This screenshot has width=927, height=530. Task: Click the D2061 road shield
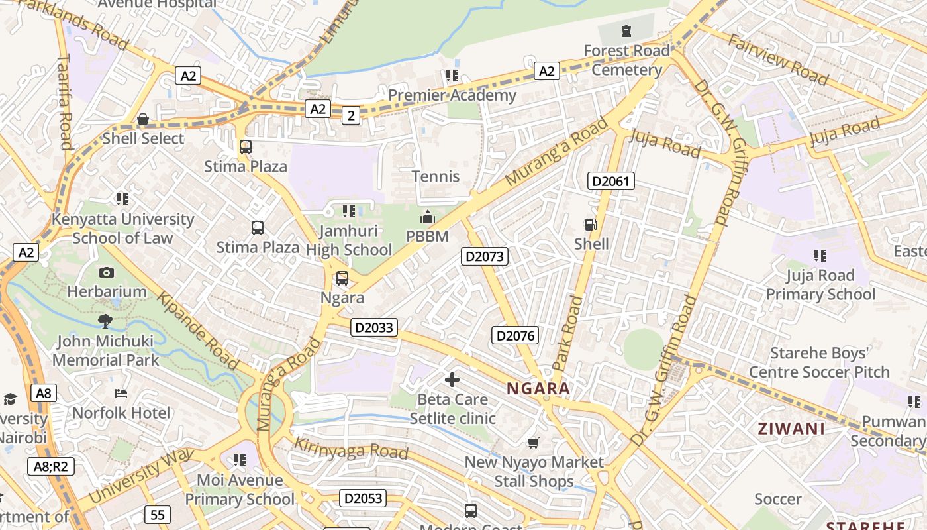point(611,181)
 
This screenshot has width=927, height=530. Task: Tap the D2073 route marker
point(485,256)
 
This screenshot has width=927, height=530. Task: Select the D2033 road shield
point(374,327)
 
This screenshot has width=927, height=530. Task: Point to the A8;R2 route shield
point(50,466)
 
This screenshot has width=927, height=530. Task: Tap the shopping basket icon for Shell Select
point(142,119)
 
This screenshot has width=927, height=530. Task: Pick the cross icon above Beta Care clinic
point(452,380)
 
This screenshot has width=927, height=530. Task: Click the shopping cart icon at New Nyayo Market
point(534,442)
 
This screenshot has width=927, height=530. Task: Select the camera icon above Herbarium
point(106,272)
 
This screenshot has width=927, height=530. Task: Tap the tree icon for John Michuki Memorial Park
point(105,321)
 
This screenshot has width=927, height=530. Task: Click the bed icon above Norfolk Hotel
point(121,394)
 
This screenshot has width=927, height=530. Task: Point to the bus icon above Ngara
point(342,278)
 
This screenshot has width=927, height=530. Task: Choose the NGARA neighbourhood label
point(538,388)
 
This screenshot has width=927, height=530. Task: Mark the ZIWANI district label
point(791,429)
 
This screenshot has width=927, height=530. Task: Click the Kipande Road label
point(197,330)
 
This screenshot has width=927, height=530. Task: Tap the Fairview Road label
point(778,60)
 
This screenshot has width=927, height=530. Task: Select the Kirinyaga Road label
point(351,449)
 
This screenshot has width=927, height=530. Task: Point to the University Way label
point(140,474)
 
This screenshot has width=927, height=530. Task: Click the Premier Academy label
point(452,95)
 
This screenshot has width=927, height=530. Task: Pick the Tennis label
point(436,176)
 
